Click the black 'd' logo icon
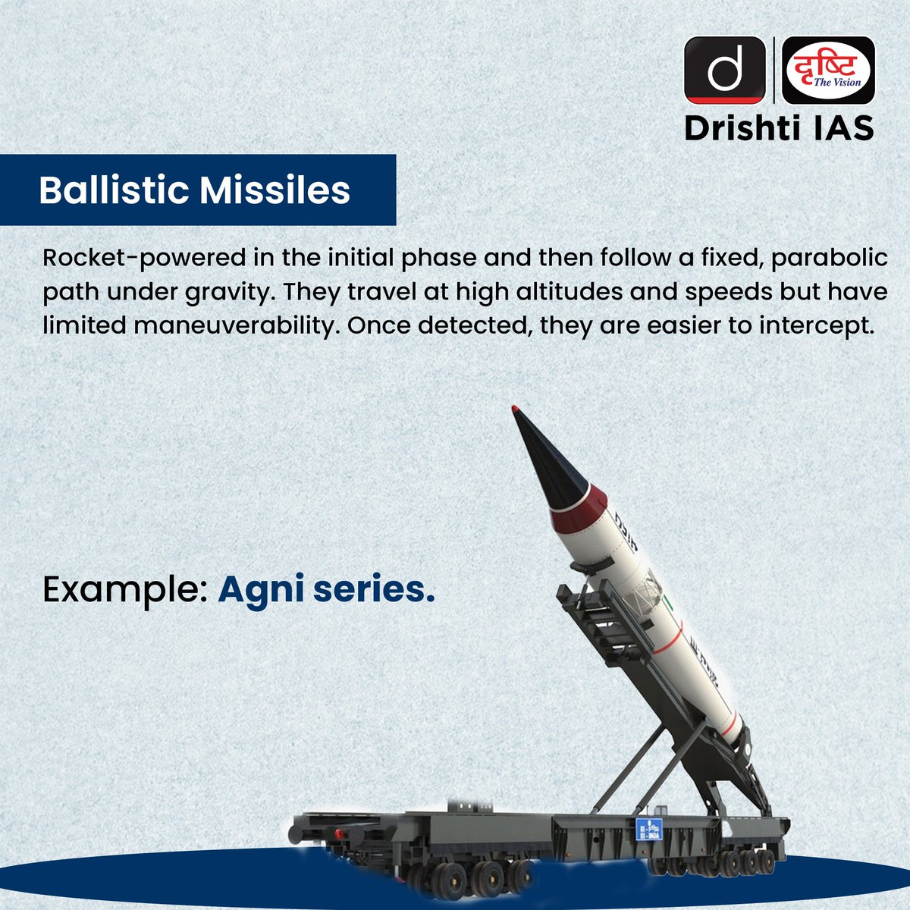coord(724,70)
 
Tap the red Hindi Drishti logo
coord(828,70)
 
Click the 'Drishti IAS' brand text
coord(779,128)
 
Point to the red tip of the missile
coord(516,410)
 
